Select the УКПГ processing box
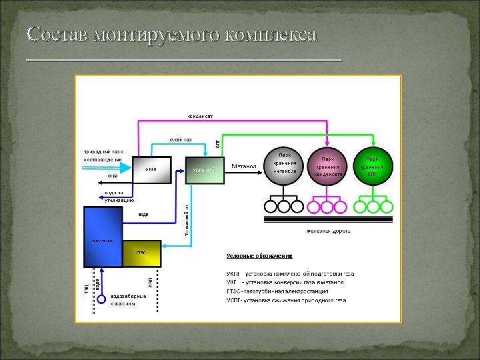click(x=152, y=170)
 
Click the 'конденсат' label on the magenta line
click(x=199, y=116)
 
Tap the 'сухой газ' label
click(x=180, y=139)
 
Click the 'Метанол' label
click(x=243, y=165)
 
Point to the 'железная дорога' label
click(x=327, y=231)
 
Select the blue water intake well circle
click(x=101, y=299)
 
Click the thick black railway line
click(x=327, y=218)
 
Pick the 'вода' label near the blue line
click(x=143, y=215)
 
